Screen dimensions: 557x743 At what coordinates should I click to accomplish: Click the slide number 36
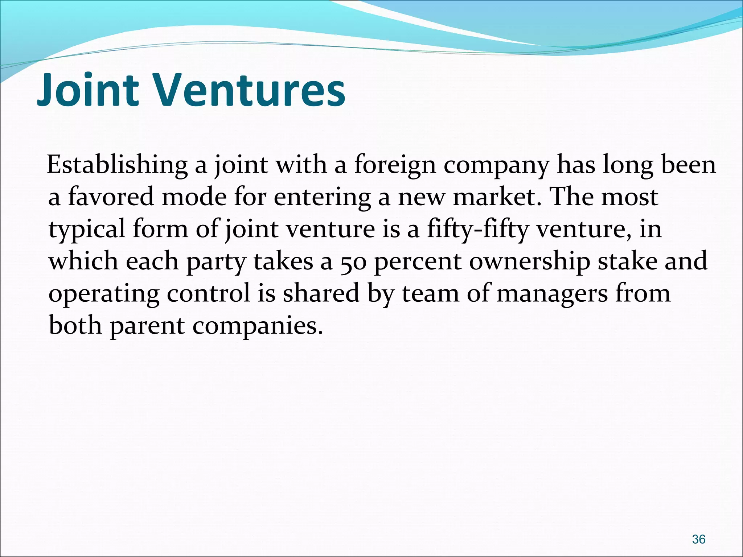tap(698, 529)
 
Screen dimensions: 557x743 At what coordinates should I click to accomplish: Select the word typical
tap(87, 230)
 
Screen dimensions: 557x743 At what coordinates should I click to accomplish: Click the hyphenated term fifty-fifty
tap(478, 230)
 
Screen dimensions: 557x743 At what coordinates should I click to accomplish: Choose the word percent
tap(418, 261)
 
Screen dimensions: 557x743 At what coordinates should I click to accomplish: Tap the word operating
tap(104, 294)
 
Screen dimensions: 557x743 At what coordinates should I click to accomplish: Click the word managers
tap(552, 294)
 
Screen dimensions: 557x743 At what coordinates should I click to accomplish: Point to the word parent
tap(147, 326)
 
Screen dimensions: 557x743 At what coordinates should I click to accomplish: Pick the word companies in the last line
tap(257, 326)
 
